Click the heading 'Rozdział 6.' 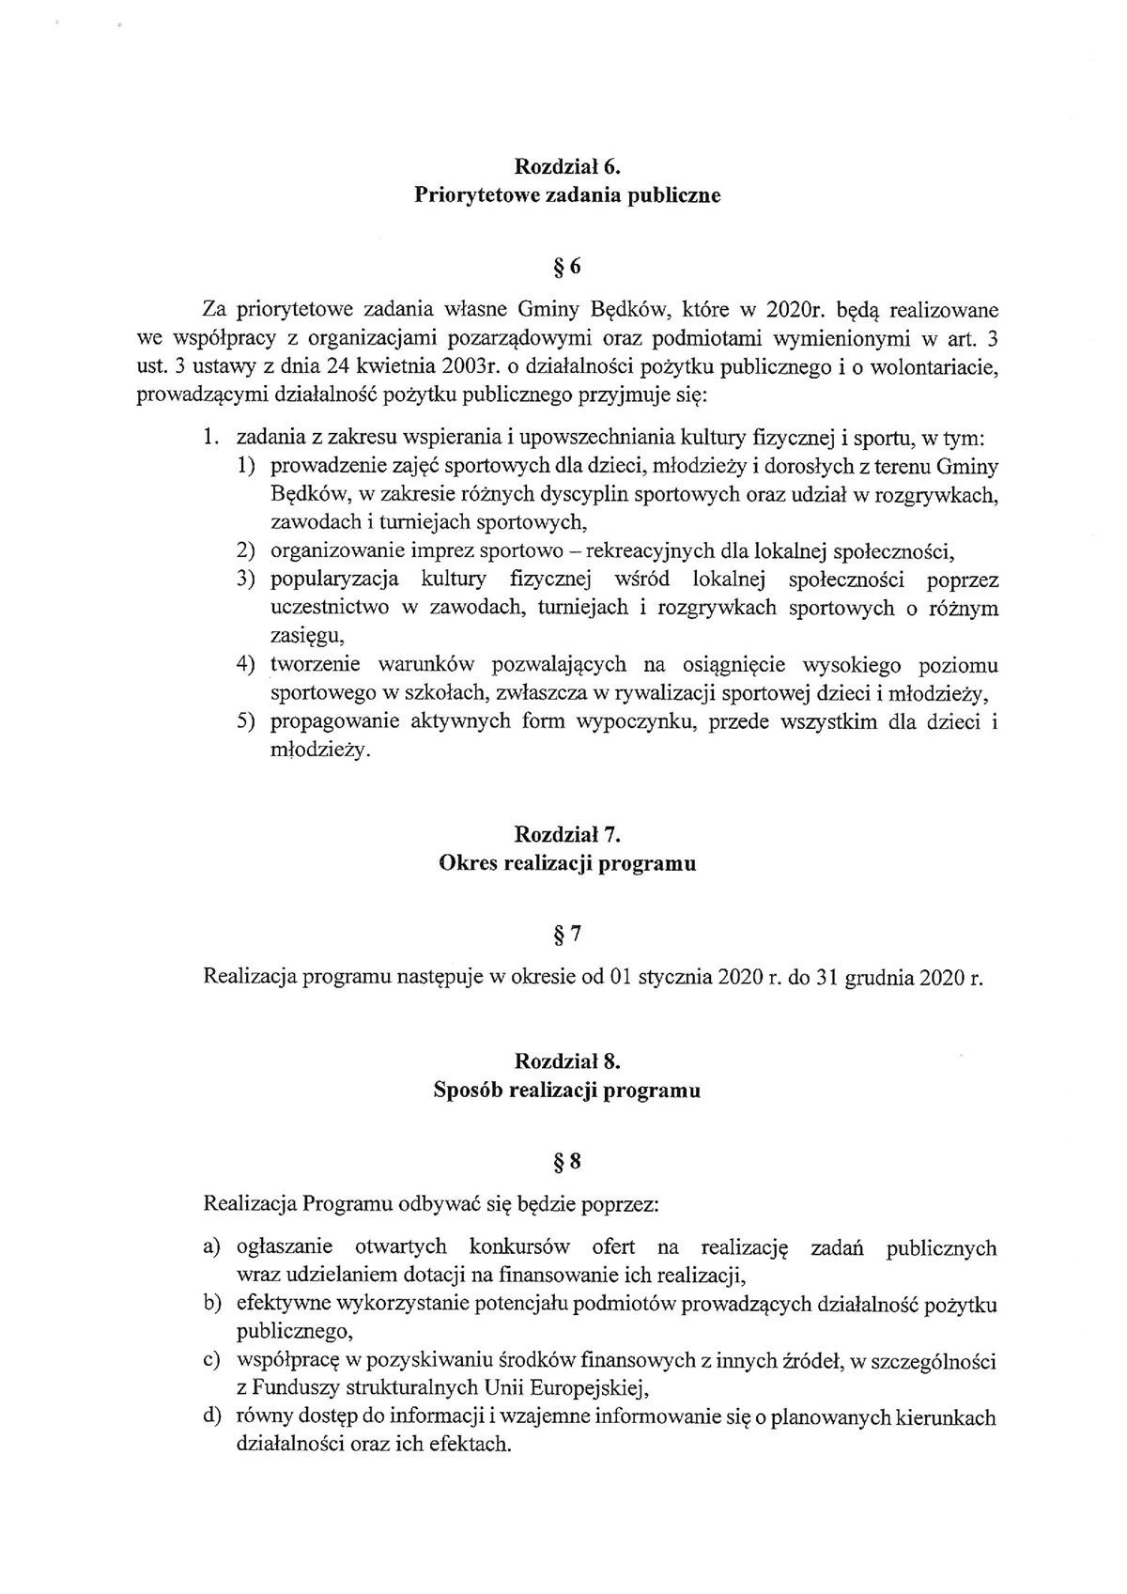pyautogui.click(x=567, y=167)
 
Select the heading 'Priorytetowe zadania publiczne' pyautogui.click(x=567, y=196)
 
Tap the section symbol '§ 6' pyautogui.click(x=567, y=268)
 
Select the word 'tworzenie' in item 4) pyautogui.click(x=316, y=666)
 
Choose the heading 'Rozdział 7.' pyautogui.click(x=567, y=834)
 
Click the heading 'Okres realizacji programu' pyautogui.click(x=567, y=864)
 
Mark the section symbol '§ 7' pyautogui.click(x=567, y=935)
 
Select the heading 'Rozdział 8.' pyautogui.click(x=567, y=1061)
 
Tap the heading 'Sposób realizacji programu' pyautogui.click(x=567, y=1091)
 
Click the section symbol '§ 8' pyautogui.click(x=567, y=1163)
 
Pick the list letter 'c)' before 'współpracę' pyautogui.click(x=212, y=1361)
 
